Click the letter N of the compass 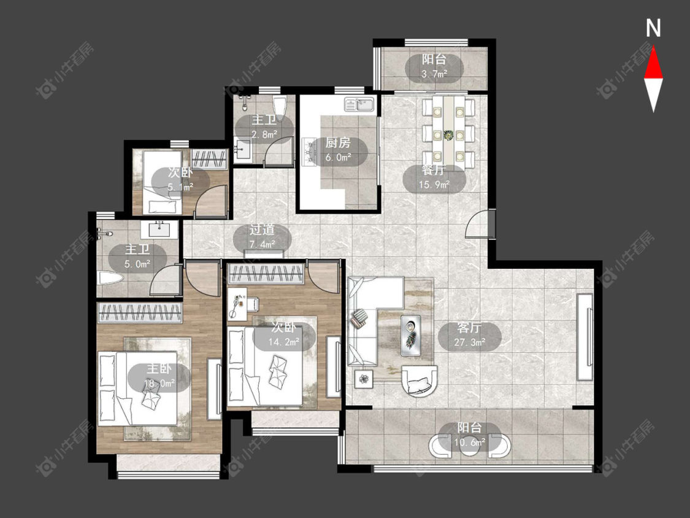point(653,28)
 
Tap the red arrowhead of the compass point(653,63)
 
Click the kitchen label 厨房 point(338,143)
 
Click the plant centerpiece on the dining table point(448,135)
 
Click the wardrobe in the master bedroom point(139,313)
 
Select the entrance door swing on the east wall point(477,224)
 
